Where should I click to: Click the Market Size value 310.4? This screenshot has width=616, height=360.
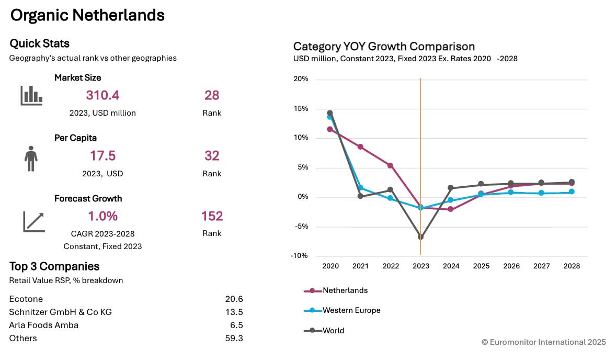(102, 95)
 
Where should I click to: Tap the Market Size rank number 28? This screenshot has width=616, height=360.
(212, 95)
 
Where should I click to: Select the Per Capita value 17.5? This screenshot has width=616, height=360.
(102, 156)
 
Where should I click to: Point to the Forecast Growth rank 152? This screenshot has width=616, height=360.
(212, 216)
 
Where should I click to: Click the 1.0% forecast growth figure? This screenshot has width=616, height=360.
(102, 216)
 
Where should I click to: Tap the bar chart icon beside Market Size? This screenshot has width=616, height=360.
(31, 95)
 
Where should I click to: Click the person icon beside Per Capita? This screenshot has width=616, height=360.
(31, 158)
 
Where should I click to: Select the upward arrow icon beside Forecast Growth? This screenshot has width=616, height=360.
(33, 221)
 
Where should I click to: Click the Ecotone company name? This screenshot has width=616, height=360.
(26, 299)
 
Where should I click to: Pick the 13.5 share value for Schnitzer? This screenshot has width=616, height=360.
(234, 312)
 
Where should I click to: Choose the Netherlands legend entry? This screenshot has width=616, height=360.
(345, 290)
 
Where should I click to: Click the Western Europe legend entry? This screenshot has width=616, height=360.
(351, 310)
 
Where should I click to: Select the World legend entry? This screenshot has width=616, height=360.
(333, 331)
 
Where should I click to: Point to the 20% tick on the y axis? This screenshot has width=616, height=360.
(301, 80)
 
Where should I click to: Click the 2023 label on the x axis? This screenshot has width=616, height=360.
(421, 266)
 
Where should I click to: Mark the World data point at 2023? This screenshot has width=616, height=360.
(421, 237)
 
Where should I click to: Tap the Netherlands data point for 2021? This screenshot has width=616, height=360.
(360, 147)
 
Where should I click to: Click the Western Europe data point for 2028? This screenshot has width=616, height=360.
(572, 192)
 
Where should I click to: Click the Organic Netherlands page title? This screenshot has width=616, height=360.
(87, 16)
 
